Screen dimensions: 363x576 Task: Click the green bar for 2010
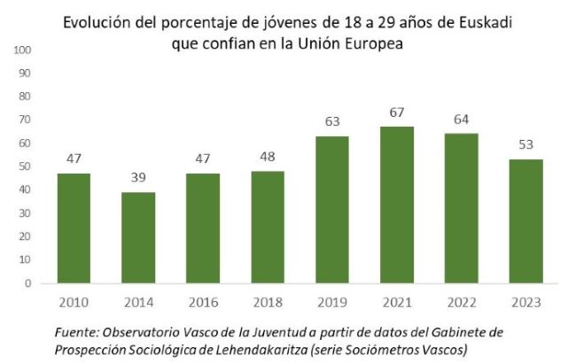coord(74,228)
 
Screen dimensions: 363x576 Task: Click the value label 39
coord(138,178)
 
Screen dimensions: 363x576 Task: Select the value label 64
coord(460,119)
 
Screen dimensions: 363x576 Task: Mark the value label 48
coord(267,157)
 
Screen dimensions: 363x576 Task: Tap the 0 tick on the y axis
coord(28,283)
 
